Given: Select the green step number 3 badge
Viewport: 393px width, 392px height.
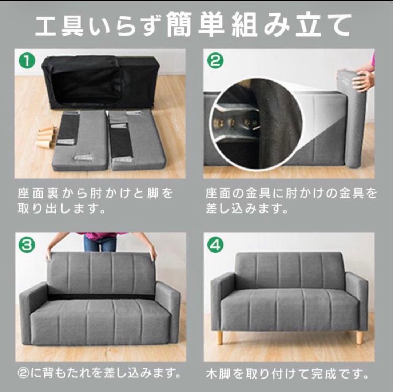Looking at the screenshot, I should point(28,246).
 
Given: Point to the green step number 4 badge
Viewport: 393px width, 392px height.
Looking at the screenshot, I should point(215,246).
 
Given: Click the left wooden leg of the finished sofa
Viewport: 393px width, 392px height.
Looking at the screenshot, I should point(220,337).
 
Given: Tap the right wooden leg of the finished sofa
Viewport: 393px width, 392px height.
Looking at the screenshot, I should point(359,337).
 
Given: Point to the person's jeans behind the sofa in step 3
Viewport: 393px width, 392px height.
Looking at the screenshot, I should point(100,243).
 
